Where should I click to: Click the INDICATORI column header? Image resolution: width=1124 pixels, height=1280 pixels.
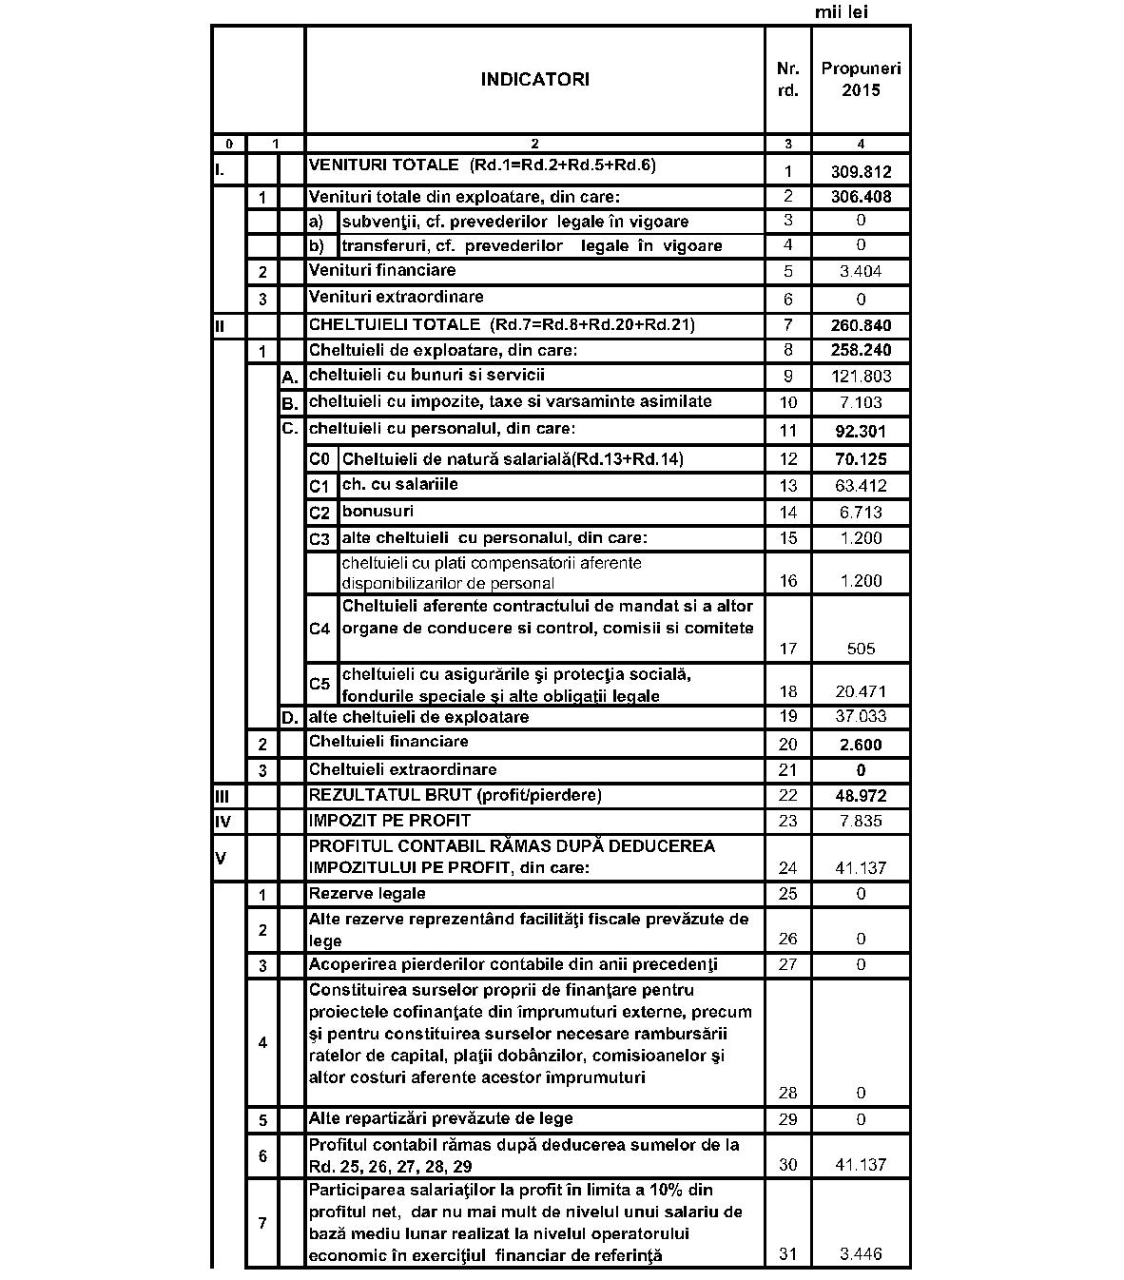click(x=534, y=79)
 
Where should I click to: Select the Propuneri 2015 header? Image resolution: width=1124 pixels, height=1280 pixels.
click(x=861, y=79)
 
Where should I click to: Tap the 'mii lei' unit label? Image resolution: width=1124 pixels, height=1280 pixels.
click(x=842, y=12)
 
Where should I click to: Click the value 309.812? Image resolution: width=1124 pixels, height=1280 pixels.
click(x=861, y=172)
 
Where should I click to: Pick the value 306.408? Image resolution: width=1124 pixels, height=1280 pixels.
click(x=861, y=197)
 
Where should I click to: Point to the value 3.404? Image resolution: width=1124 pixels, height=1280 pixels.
click(x=861, y=271)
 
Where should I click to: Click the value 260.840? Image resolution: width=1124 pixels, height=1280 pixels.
click(x=861, y=325)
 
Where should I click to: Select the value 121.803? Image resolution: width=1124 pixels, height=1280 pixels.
click(x=861, y=377)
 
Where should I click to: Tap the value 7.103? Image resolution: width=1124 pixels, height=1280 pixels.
click(x=861, y=402)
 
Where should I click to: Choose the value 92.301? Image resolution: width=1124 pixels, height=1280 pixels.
click(x=861, y=431)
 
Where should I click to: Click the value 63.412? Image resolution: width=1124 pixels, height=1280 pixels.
click(x=861, y=486)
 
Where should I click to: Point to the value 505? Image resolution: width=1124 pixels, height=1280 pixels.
click(x=861, y=649)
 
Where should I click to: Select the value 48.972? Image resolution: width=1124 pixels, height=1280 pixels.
click(x=861, y=796)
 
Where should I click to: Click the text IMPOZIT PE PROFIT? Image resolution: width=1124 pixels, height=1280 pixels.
click(x=390, y=820)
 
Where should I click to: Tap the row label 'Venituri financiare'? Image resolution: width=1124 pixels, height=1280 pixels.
click(x=382, y=270)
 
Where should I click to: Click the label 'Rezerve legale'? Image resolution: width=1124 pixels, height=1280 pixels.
click(x=367, y=893)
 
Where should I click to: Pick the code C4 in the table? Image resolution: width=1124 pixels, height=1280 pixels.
click(x=320, y=629)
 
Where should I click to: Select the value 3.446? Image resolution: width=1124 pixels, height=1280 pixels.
click(x=861, y=1253)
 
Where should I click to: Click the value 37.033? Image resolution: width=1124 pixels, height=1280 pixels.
click(x=861, y=716)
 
